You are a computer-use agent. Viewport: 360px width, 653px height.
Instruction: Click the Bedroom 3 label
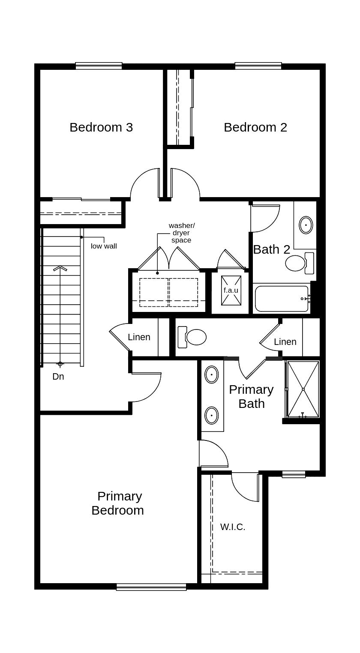(x=101, y=127)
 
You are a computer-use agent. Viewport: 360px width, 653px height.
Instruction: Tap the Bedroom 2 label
(x=255, y=127)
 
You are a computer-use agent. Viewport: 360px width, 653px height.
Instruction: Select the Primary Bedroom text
(x=118, y=503)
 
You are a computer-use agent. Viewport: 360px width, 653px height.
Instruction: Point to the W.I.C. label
(x=233, y=527)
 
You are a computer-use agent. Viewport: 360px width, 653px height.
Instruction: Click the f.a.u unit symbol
(x=231, y=290)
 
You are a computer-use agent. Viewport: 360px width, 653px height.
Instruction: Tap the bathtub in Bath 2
(x=282, y=299)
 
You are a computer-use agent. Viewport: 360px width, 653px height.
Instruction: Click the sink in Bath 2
(x=306, y=225)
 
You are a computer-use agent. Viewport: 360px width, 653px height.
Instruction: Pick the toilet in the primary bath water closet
(x=193, y=337)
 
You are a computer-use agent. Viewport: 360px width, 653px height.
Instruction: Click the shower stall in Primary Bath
(x=303, y=389)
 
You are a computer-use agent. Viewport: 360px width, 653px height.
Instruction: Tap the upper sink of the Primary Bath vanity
(x=212, y=374)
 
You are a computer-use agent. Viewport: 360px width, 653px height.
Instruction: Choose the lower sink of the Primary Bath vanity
(x=212, y=415)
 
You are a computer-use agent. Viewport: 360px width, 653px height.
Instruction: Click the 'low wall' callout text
(x=104, y=246)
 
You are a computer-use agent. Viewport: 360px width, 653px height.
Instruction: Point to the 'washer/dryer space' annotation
(x=181, y=233)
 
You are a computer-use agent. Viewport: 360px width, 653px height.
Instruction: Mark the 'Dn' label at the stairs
(x=58, y=377)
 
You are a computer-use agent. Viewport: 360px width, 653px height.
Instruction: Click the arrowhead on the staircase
(x=60, y=269)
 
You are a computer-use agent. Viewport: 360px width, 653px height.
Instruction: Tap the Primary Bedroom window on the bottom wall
(x=151, y=587)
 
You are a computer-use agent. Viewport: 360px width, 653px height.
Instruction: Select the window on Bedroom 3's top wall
(x=99, y=66)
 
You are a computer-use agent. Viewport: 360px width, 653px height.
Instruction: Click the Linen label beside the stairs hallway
(x=139, y=337)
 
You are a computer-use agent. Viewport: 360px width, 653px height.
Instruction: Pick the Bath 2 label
(x=272, y=249)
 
